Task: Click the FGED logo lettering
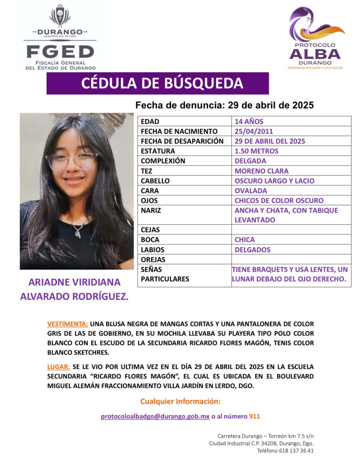[60, 51]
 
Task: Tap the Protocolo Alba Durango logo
[316, 38]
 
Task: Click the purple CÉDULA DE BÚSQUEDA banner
[158, 83]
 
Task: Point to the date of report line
[224, 105]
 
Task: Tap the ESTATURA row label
[158, 151]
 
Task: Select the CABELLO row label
[155, 181]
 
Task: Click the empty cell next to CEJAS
[291, 230]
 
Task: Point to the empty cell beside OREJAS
[291, 259]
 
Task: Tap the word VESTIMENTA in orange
[68, 324]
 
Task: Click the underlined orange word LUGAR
[59, 367]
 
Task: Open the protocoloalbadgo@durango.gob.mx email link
[155, 416]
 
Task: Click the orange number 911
[254, 416]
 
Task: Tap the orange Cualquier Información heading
[180, 401]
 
